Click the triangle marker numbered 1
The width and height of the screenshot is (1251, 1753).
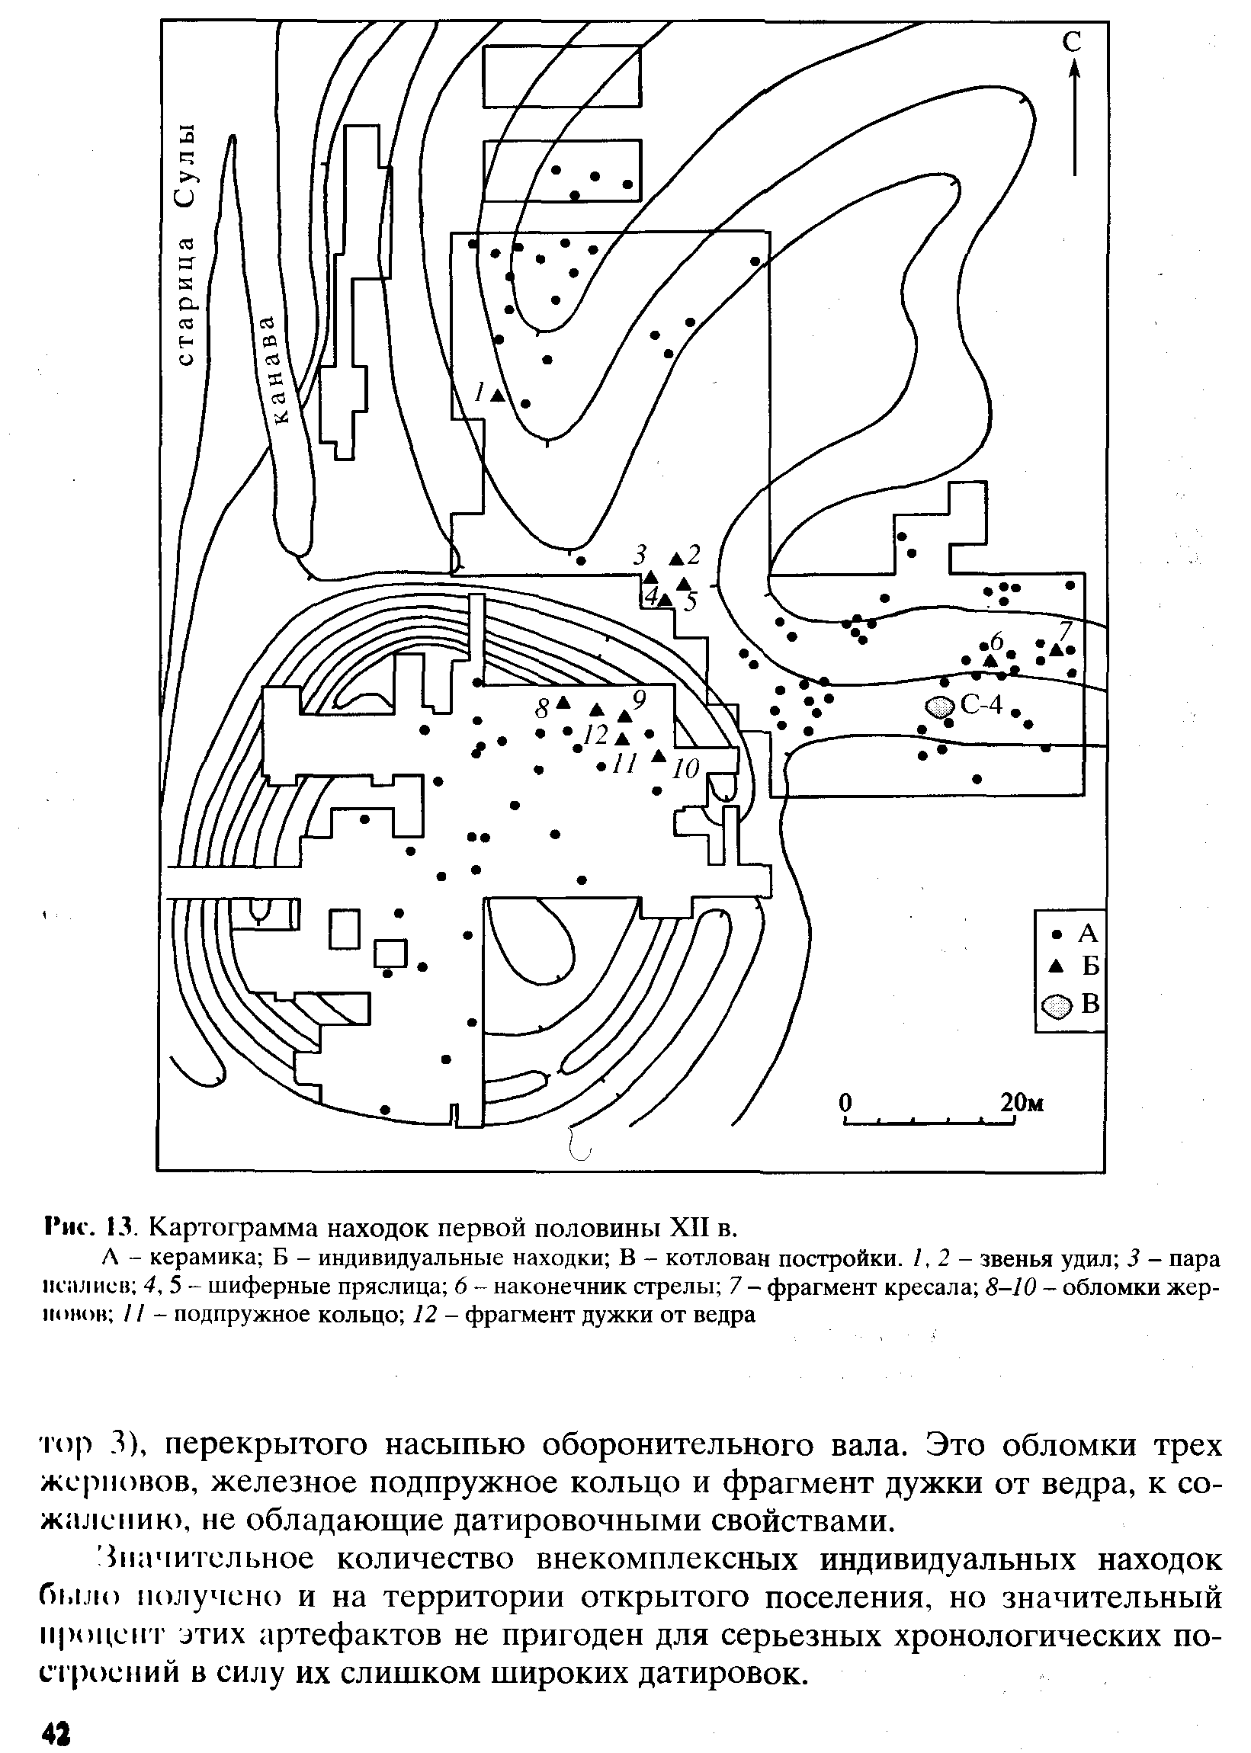pos(498,395)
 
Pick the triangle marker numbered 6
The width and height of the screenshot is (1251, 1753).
pos(990,660)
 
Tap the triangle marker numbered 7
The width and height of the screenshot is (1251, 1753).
pos(1056,650)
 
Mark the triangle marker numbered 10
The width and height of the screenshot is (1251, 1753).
pos(658,756)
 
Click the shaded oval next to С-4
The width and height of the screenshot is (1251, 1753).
pos(938,707)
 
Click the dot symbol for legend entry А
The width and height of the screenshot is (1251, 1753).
pos(1057,934)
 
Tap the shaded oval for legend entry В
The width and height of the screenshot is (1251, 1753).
pos(1056,1006)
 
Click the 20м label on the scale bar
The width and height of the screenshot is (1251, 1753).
pos(1022,1103)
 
